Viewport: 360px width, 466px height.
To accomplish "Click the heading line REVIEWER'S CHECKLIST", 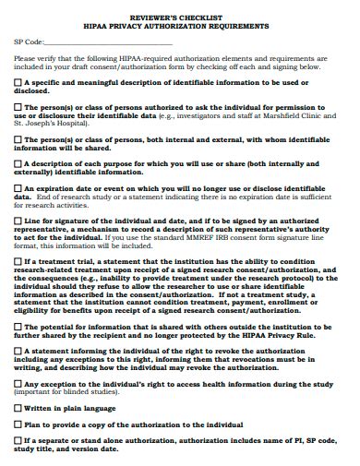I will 180,18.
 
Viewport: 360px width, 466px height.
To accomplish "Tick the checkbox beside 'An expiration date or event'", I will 18,189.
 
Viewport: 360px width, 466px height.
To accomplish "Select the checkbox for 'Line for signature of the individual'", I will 18,221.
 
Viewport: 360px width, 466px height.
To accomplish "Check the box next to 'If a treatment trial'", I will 18,261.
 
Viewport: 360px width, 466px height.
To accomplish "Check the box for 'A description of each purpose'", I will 18,164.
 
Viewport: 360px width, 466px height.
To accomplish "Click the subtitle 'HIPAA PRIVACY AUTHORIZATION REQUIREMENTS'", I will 180,26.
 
